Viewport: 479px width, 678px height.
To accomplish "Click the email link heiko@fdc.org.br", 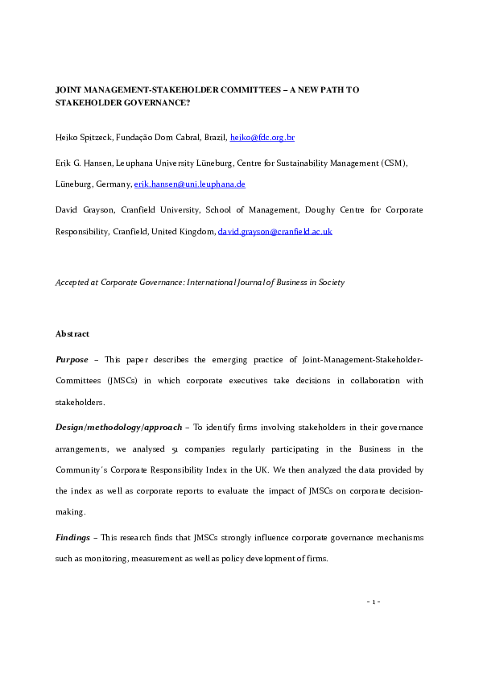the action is [x=262, y=138].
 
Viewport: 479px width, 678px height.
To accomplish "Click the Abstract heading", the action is [x=72, y=333].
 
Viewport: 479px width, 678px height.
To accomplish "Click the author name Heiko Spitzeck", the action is [x=85, y=138].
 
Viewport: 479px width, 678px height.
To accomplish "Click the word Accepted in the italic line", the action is [x=72, y=283].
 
